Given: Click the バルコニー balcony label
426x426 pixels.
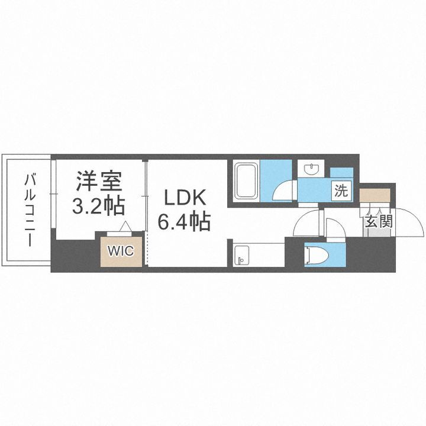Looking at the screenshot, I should [x=28, y=209].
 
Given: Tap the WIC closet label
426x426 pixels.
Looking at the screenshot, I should [x=120, y=250].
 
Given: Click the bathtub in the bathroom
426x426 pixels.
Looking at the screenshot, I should [x=246, y=181].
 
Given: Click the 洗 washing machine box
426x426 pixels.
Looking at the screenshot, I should [x=341, y=191].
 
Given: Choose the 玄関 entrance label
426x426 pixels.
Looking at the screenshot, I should [x=377, y=222].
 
